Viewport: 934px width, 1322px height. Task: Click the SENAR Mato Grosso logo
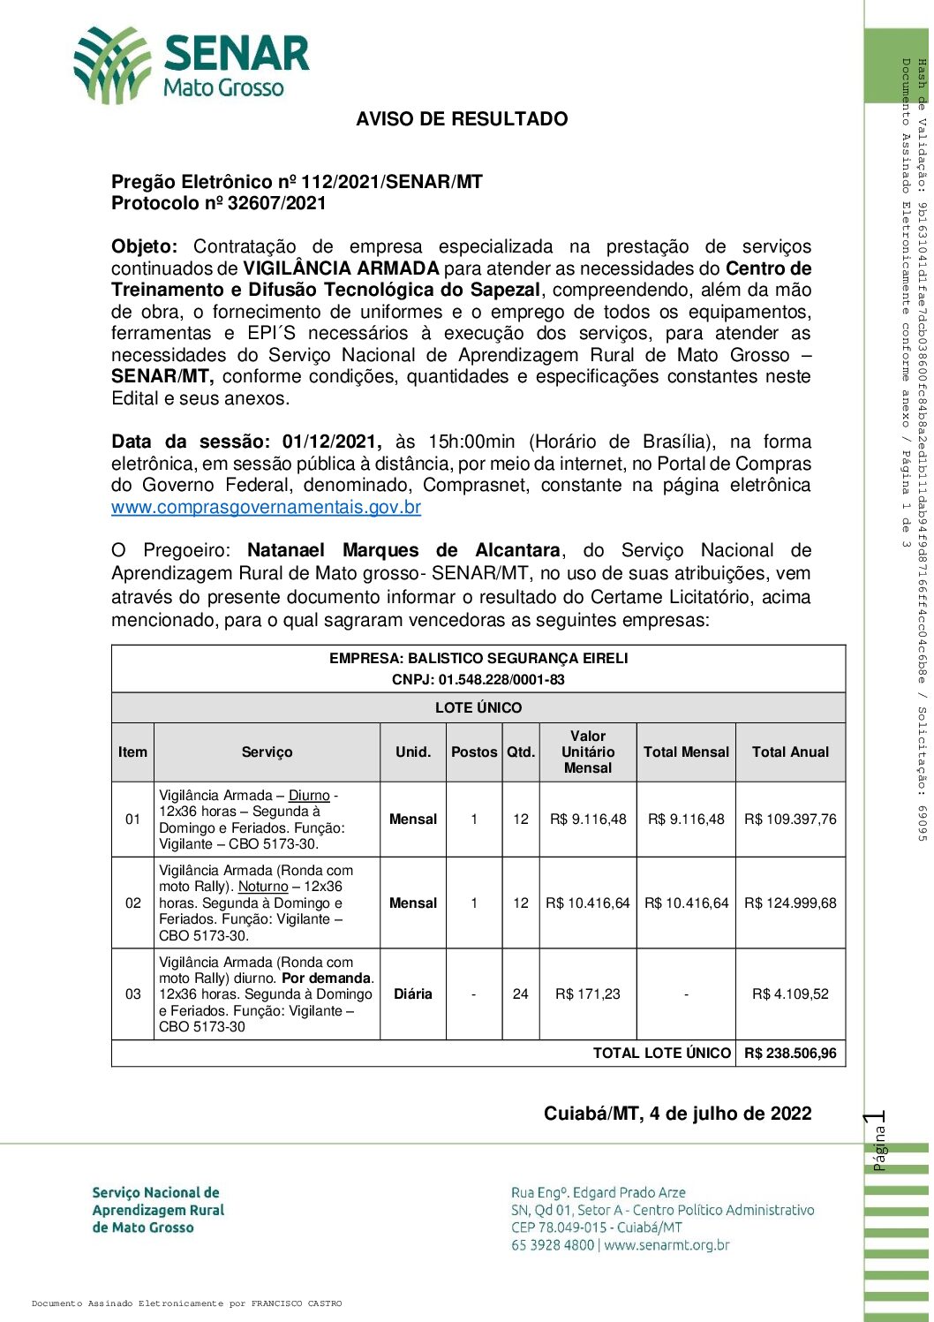[192, 64]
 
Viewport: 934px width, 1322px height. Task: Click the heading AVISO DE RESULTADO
[462, 119]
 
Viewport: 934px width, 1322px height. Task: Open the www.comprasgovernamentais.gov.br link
[266, 508]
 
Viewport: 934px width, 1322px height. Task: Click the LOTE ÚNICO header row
[478, 708]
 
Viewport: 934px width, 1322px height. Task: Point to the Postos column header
[474, 752]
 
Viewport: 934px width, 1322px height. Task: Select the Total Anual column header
[790, 752]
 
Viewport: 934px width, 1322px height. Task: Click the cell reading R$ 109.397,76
[790, 820]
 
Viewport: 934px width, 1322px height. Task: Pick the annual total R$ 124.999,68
[790, 903]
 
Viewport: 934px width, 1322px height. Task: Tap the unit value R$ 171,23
[588, 994]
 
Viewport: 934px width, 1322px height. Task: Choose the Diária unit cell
[413, 994]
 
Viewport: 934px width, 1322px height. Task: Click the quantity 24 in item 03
[521, 994]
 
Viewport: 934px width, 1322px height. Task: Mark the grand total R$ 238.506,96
[790, 1054]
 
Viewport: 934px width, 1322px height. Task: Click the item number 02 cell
[133, 903]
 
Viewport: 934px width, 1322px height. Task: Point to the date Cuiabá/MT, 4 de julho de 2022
[677, 1114]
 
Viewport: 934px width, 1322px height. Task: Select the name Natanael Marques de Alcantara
[403, 551]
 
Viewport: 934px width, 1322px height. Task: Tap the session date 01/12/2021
[331, 442]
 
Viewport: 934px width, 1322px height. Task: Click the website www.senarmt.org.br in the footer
[667, 1245]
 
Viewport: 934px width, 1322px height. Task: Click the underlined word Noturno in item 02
[263, 887]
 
